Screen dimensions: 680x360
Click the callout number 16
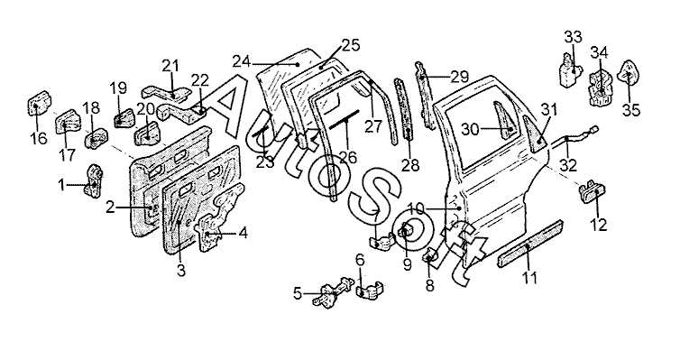click(x=38, y=139)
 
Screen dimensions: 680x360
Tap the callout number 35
click(x=631, y=110)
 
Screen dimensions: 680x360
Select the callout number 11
click(x=529, y=278)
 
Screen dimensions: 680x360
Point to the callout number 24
click(x=242, y=61)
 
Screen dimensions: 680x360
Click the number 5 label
click(x=297, y=293)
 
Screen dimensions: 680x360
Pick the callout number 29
click(x=460, y=78)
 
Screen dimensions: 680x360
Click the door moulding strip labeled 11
click(x=530, y=245)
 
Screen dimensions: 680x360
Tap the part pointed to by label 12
click(x=593, y=190)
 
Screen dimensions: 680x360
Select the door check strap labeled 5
click(x=333, y=291)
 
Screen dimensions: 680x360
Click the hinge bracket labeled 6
click(x=370, y=291)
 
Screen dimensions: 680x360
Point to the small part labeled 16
click(x=38, y=103)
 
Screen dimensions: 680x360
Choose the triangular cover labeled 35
click(x=629, y=73)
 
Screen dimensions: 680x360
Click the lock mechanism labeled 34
click(x=601, y=88)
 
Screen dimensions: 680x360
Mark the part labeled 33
click(x=570, y=71)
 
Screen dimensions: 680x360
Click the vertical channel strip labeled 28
click(x=407, y=109)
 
